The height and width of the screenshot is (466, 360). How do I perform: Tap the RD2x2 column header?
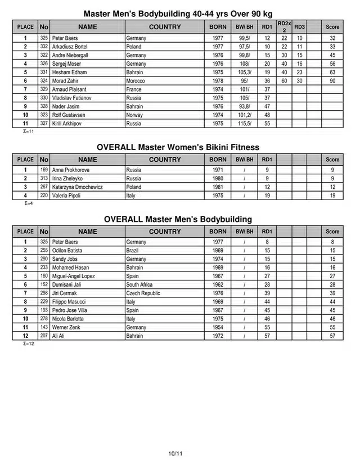point(284,26)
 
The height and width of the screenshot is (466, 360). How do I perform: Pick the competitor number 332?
point(44,47)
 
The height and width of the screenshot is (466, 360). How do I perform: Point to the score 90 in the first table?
point(332,81)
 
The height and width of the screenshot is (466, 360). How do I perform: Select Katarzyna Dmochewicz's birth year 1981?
point(218,187)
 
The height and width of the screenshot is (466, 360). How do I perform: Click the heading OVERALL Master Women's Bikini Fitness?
point(178,147)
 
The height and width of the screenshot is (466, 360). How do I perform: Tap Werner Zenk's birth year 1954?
point(218,327)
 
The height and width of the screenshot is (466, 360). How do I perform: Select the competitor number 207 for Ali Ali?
point(44,336)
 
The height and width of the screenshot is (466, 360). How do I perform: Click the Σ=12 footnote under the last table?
point(29,343)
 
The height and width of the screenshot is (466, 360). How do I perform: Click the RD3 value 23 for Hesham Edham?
point(300,73)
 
